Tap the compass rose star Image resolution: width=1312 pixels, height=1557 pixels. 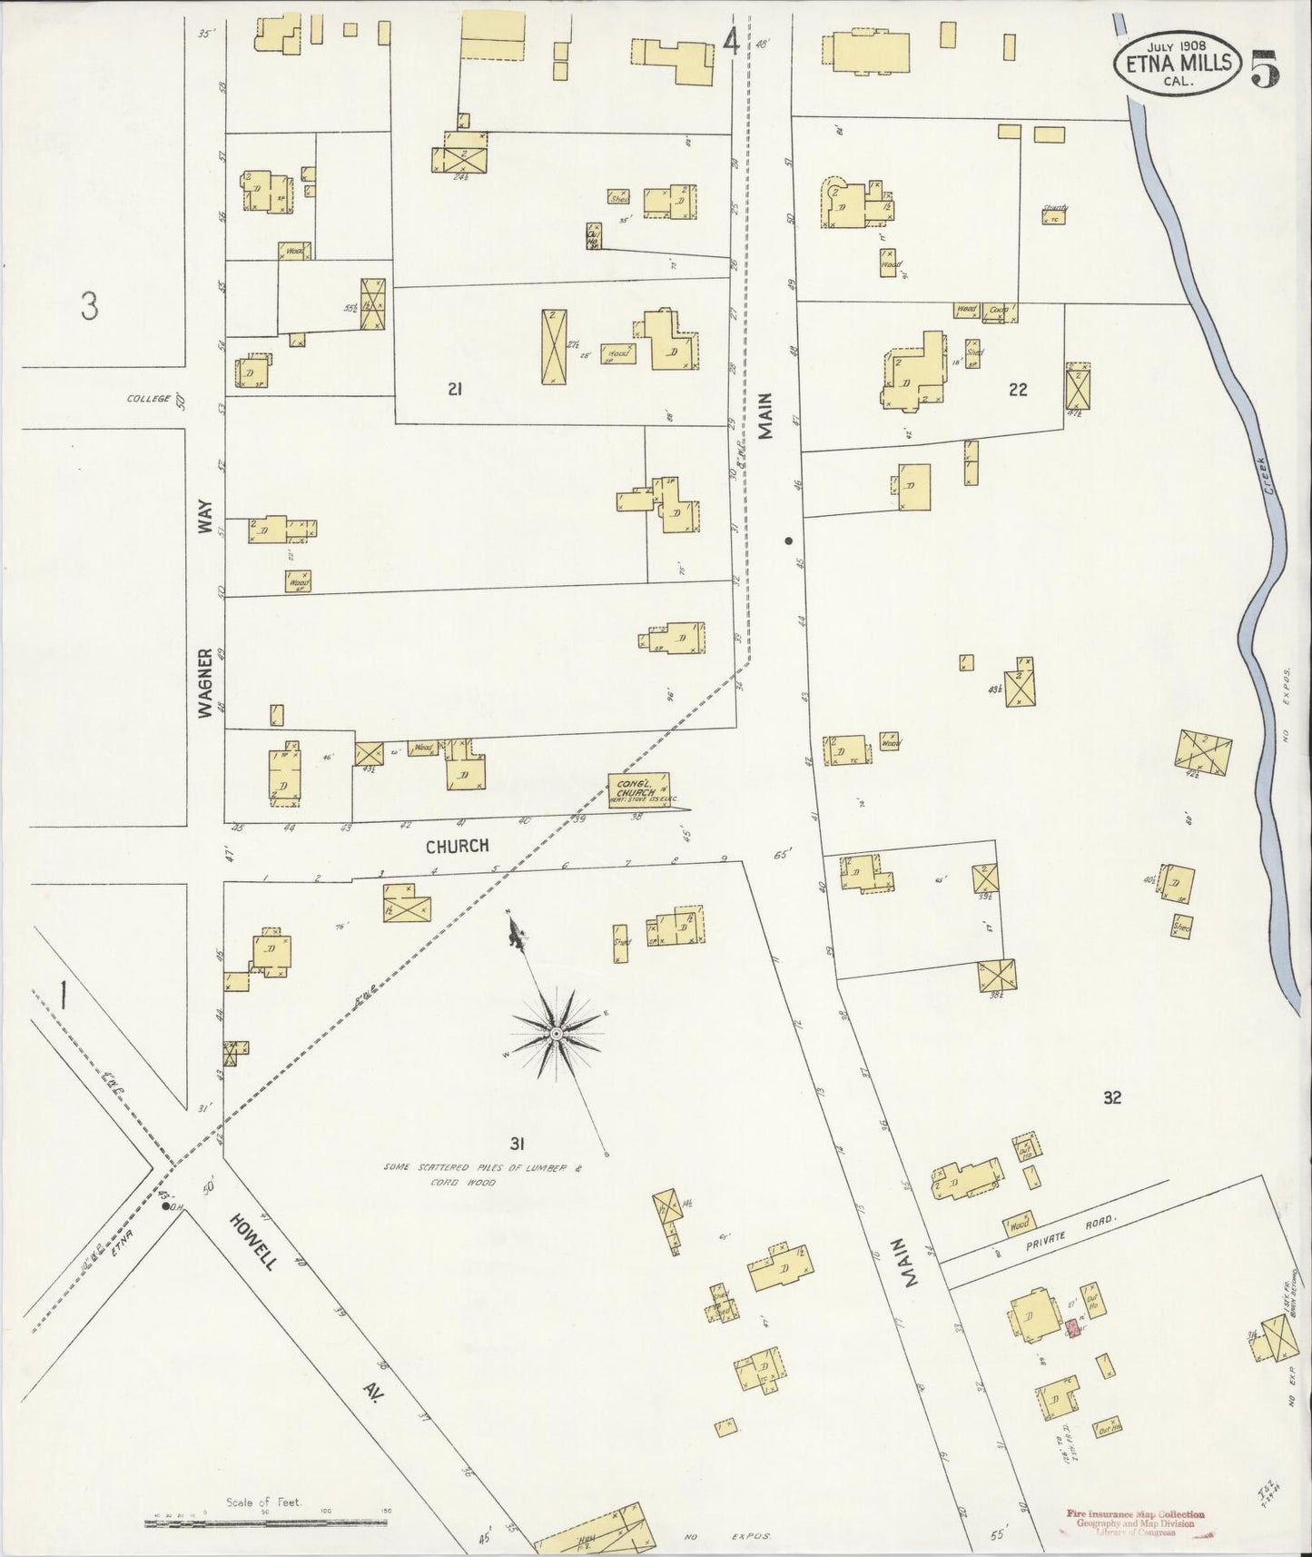tap(555, 1035)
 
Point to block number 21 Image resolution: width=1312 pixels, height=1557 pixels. tap(456, 390)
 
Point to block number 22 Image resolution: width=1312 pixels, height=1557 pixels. tap(1018, 390)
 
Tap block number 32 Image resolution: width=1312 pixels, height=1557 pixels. tap(1112, 1097)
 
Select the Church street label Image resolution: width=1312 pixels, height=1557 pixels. tap(459, 846)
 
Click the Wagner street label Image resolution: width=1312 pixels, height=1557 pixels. tap(205, 683)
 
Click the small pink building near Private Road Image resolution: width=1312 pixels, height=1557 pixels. tap(1072, 1328)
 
